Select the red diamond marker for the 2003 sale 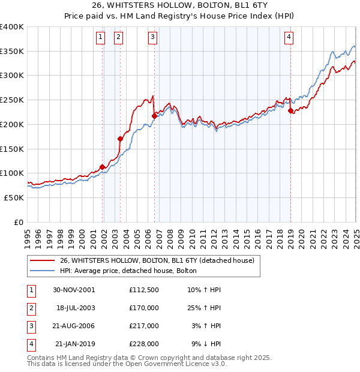pyautogui.click(x=121, y=139)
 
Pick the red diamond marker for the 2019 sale pyautogui.click(x=290, y=110)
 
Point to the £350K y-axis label pyautogui.click(x=12, y=52)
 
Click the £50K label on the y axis pyautogui.click(x=14, y=197)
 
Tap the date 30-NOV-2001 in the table pyautogui.click(x=74, y=290)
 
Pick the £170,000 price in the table pyautogui.click(x=144, y=308)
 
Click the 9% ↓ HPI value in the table pyautogui.click(x=208, y=344)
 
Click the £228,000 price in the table pyautogui.click(x=144, y=344)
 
